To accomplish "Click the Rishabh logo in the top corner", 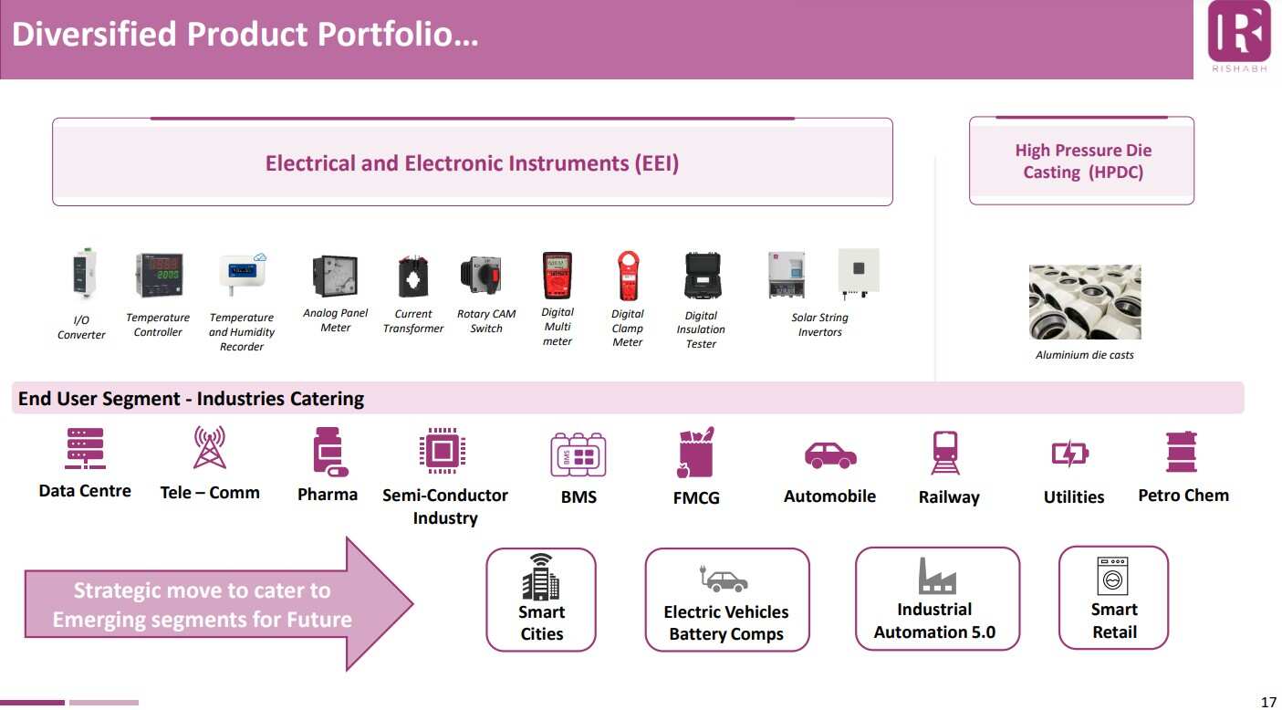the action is tap(1238, 36).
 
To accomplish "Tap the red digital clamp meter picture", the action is tap(628, 276).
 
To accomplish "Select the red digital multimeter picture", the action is tap(557, 276).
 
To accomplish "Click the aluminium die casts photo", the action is tap(1085, 302).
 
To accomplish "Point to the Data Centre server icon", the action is tap(85, 448).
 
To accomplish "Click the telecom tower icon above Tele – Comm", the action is tap(210, 447).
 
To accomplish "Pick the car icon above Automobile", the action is tap(830, 455).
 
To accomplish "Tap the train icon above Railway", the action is tap(945, 453).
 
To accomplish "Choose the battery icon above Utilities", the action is tap(1069, 454).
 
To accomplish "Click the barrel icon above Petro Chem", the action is tap(1182, 452).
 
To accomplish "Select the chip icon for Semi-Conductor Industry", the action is tap(443, 451).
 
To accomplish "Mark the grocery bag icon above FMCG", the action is tap(695, 453).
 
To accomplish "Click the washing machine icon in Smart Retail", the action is tap(1112, 576).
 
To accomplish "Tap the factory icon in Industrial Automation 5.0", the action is tap(937, 576).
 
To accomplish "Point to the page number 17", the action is tap(1268, 702).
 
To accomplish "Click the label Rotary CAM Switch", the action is tap(486, 321).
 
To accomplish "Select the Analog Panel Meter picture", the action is tap(336, 276).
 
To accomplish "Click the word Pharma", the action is tap(328, 494).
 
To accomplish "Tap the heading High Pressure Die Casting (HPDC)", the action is tap(1083, 161).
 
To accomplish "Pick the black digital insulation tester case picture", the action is tap(703, 276).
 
